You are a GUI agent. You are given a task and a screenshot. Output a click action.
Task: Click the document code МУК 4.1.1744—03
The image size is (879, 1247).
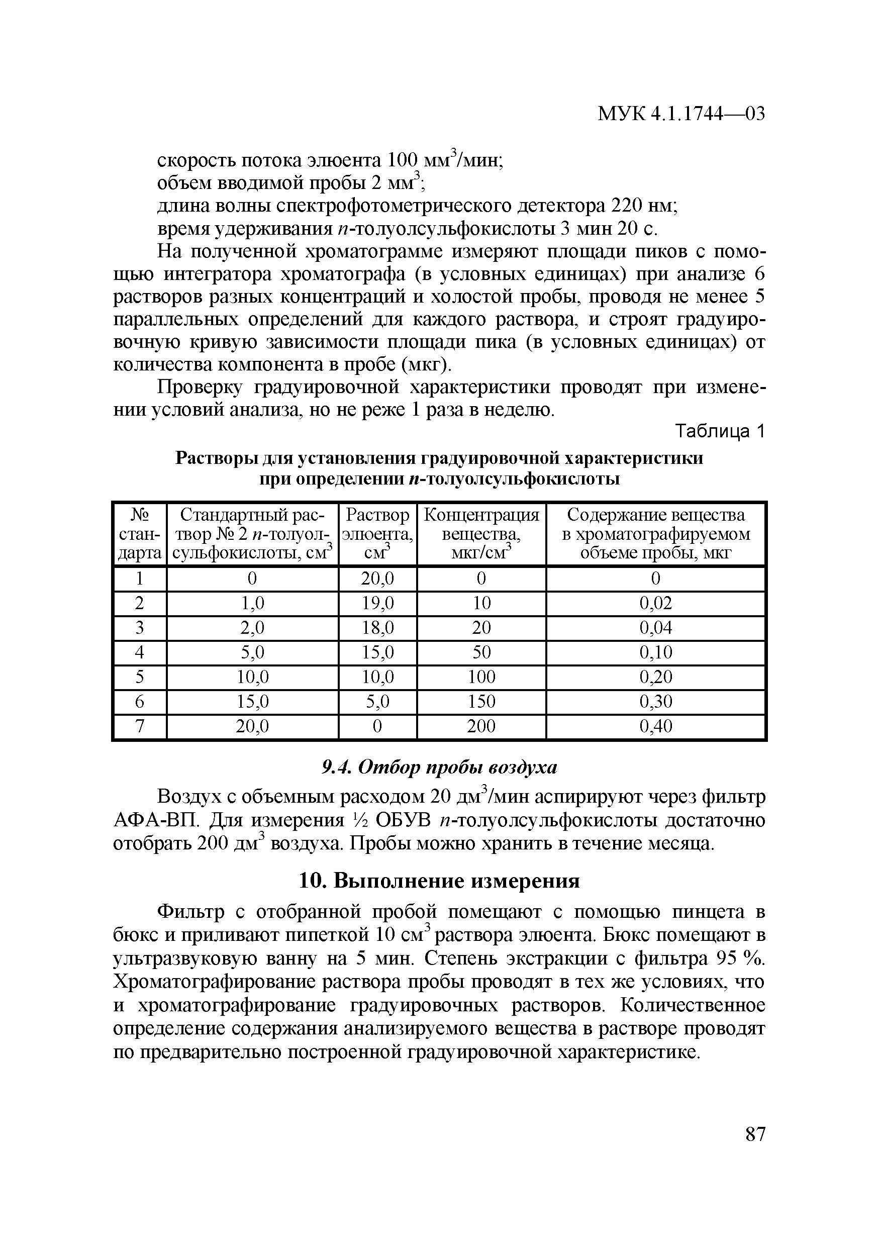pos(681,114)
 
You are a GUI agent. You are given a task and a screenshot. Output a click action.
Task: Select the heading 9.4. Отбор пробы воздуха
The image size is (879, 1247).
pos(439,768)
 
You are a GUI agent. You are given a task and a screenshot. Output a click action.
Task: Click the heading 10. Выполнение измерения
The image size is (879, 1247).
pos(439,881)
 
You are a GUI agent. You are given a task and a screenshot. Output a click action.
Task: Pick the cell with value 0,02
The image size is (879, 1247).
pos(655,603)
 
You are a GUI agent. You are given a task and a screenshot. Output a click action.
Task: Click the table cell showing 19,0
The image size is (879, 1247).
pos(377,603)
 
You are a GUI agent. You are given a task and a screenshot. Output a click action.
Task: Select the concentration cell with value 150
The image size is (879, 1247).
pos(481,702)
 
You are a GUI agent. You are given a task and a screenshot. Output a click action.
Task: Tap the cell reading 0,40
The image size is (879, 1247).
pos(655,726)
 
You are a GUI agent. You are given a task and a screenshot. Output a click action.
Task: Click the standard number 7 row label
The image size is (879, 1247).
pos(140,726)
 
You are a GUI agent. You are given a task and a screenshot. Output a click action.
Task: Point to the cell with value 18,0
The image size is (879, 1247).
pos(377,628)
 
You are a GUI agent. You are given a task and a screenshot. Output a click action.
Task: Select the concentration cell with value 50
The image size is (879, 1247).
pos(481,652)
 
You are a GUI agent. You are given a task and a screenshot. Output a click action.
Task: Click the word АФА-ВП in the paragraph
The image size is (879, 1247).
pos(150,820)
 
